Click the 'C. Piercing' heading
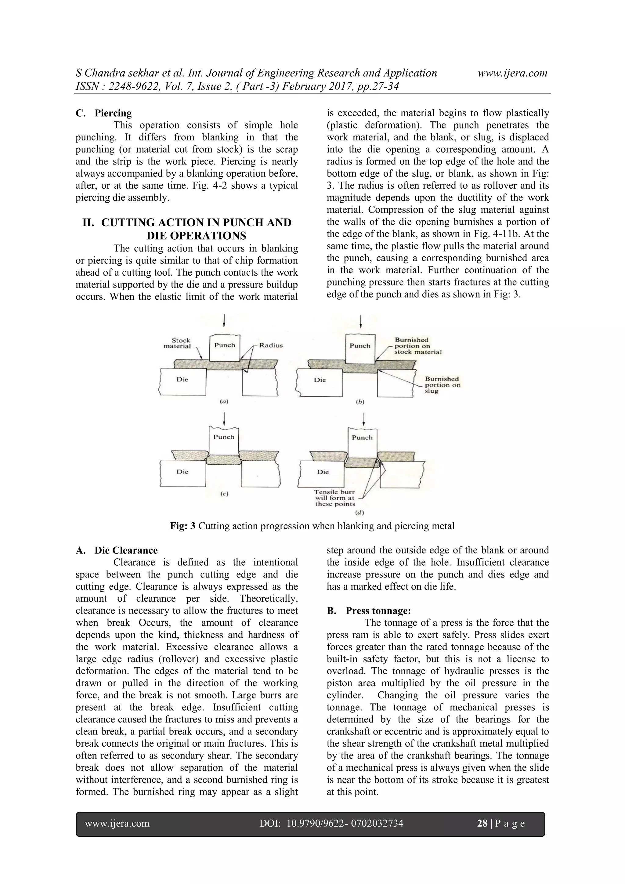104,113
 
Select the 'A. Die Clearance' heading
117,550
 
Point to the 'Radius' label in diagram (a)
271,345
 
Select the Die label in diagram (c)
182,472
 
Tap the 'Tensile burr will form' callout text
334,498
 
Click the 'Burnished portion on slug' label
442,385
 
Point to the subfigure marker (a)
224,402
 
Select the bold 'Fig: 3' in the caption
183,526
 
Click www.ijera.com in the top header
512,73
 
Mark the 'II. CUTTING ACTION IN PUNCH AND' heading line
187,223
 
